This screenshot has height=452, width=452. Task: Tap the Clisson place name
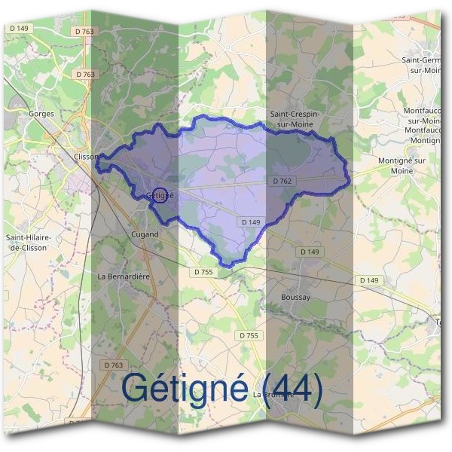87,157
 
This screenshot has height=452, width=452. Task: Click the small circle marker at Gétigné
160,194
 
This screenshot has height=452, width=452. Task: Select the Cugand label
144,234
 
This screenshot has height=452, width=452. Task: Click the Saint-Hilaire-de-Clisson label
28,242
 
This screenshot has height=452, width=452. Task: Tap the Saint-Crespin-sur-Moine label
295,119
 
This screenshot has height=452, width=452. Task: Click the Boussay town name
295,298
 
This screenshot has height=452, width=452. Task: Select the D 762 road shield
281,181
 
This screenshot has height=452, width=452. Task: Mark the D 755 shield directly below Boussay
249,335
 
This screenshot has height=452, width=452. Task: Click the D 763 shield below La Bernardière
112,365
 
